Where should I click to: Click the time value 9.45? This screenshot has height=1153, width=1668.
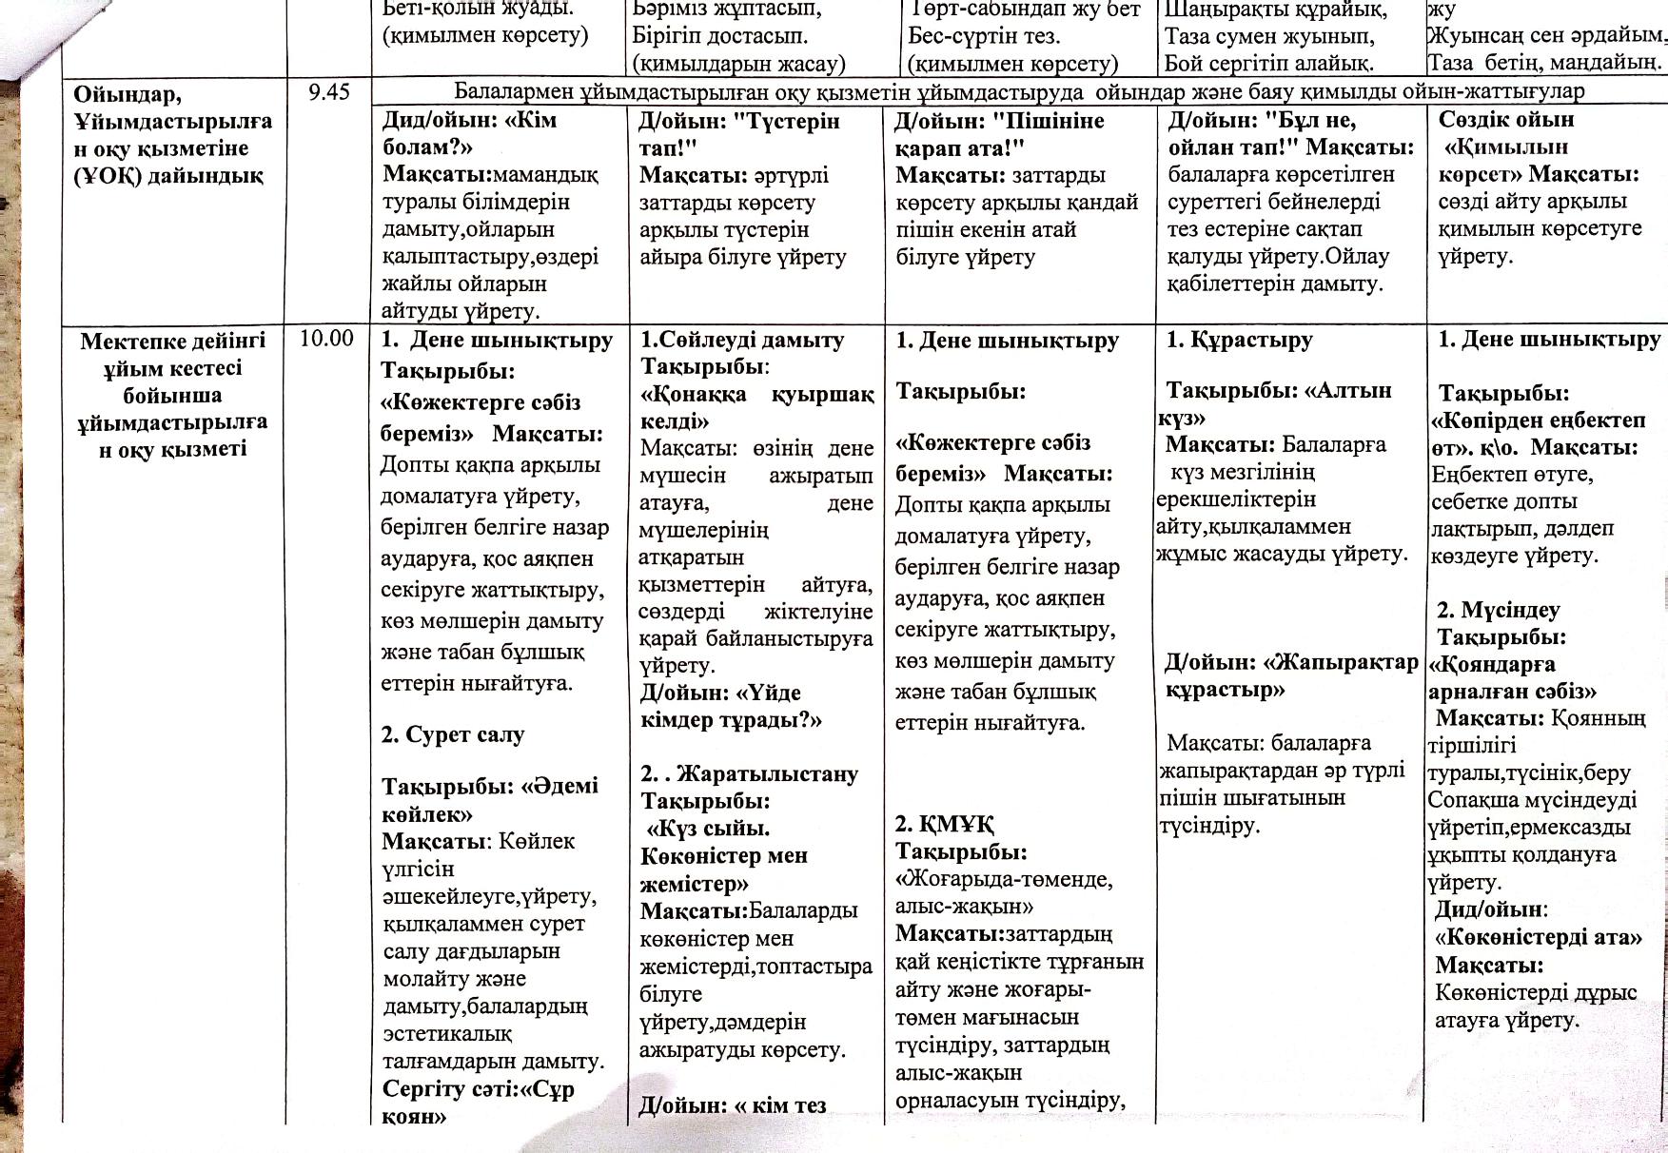click(x=329, y=92)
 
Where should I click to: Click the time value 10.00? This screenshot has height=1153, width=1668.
click(x=326, y=339)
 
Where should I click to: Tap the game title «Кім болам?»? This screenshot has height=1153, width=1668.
click(x=468, y=134)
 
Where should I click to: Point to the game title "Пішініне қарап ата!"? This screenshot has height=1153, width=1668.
click(x=999, y=134)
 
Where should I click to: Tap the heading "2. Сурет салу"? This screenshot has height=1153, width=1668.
click(x=453, y=734)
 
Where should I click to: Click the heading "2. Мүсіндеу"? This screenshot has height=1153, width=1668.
click(x=1499, y=610)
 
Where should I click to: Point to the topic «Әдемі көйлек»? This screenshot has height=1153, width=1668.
click(x=489, y=800)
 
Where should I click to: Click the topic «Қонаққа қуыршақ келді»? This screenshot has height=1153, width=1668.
click(x=757, y=407)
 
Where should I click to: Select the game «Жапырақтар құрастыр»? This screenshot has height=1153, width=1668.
click(x=1290, y=675)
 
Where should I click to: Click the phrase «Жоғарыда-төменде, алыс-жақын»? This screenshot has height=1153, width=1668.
click(x=1003, y=891)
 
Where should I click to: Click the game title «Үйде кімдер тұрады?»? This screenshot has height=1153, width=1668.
click(x=730, y=706)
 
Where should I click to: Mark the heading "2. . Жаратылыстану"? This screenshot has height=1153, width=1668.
click(x=749, y=773)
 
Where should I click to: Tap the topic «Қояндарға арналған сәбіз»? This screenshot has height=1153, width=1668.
click(x=1512, y=677)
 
